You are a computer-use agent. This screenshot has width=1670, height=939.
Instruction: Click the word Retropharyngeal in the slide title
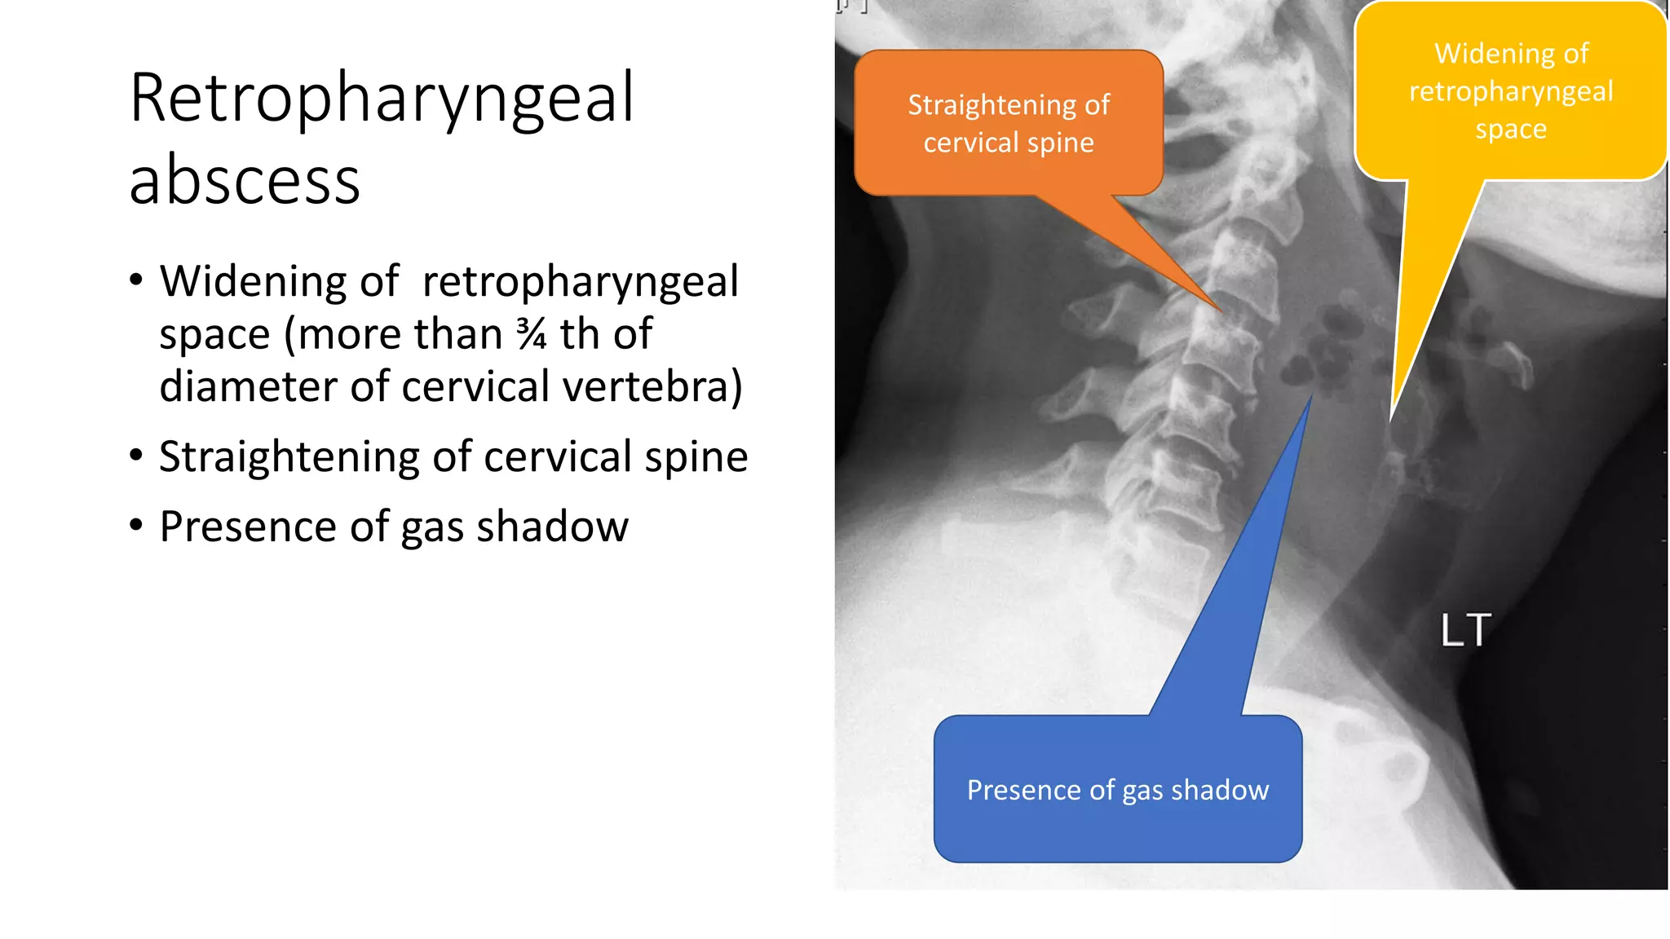382,99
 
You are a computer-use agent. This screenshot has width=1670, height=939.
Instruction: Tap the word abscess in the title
245,181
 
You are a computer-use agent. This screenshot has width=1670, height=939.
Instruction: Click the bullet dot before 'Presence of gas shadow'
136,525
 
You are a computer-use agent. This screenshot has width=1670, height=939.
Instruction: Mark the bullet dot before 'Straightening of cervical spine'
136,455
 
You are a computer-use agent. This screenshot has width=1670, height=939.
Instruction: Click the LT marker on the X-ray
1465,630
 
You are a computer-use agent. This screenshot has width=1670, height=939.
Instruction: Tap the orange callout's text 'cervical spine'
1009,143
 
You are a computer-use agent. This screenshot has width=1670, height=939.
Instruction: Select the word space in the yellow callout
1510,129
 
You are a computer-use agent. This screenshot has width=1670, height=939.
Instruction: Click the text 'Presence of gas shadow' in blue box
1117,790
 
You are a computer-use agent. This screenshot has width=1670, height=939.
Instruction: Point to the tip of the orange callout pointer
1220,310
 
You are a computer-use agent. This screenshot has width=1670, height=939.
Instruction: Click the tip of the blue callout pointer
1311,395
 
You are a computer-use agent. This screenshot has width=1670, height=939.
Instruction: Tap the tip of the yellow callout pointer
1392,420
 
